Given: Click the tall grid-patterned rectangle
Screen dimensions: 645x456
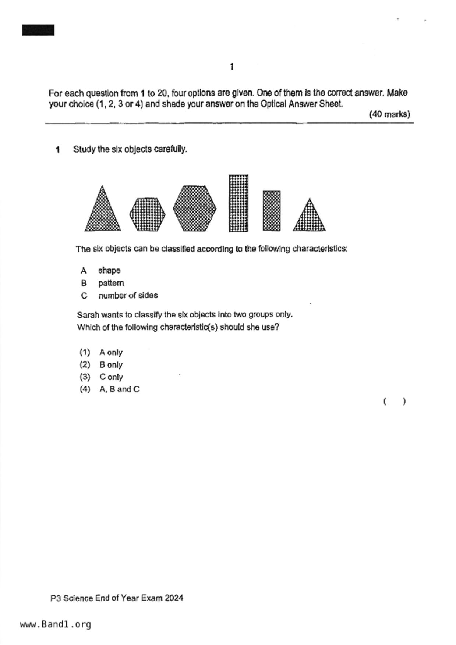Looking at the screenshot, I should pos(238,203).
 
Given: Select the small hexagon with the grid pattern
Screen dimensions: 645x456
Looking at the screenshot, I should pos(147,214).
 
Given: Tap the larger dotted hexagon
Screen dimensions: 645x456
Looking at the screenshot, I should pos(195,208).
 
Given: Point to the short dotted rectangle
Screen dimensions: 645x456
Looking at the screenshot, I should pos(271,211).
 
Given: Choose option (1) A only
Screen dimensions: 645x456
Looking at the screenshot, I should pos(110,353).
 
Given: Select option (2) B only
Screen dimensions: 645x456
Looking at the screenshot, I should pos(110,365).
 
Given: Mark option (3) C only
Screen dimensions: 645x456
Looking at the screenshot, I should pos(111,377).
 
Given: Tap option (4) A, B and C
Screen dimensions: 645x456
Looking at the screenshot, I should pos(119,389).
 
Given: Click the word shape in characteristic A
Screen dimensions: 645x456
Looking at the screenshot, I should pos(109,271).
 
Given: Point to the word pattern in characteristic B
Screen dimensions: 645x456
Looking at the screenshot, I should pos(111,283).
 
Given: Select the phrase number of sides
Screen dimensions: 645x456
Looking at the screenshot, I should pos(128,296).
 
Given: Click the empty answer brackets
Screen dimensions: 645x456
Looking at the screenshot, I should pos(394,401).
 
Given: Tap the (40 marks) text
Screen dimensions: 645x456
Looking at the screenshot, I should pos(389,114).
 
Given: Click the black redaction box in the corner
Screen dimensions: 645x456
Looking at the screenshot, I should pos(38,30).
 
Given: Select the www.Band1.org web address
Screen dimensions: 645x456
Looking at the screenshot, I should pos(55,624).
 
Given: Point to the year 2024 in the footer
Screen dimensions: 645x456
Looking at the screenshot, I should pos(174,598).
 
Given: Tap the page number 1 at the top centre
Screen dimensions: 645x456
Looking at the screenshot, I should pos(231,67).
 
